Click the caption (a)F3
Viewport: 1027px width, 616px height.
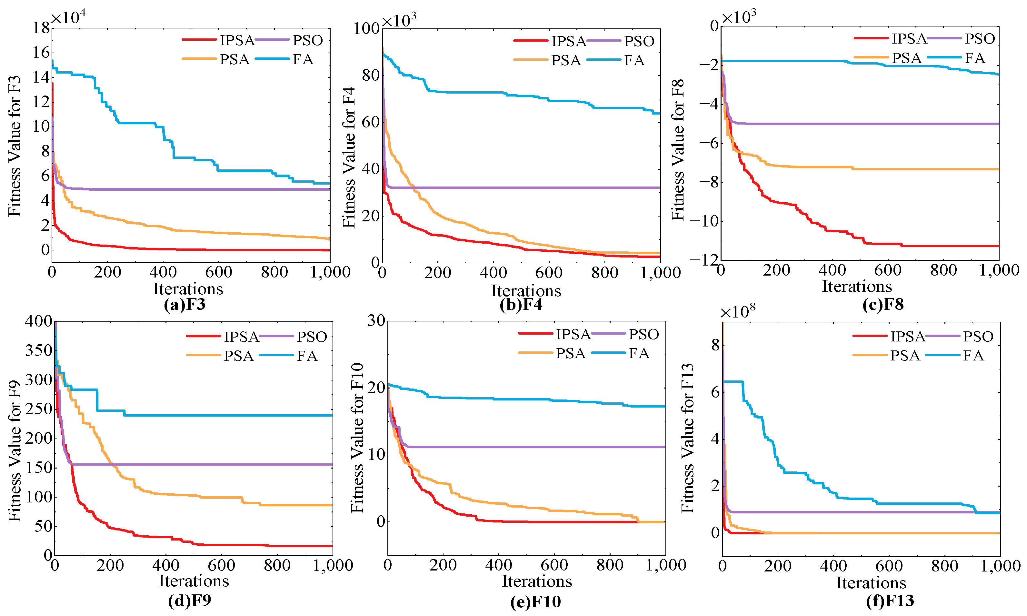184,305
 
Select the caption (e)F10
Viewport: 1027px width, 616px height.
535,601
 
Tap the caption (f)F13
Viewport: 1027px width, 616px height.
890,601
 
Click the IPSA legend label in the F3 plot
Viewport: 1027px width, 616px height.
236,40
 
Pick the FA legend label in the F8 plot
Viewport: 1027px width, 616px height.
974,58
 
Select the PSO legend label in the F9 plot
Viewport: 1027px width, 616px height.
312,337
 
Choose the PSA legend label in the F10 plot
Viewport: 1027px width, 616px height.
570,353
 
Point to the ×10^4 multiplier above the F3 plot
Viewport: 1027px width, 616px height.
68,17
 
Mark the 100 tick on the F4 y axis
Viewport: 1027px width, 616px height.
366,29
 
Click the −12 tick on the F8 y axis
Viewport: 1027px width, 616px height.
704,260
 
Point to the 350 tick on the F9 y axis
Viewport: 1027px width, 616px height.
39,350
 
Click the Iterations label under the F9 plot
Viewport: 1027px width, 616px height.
194,581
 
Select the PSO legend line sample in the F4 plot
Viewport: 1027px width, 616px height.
604,41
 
